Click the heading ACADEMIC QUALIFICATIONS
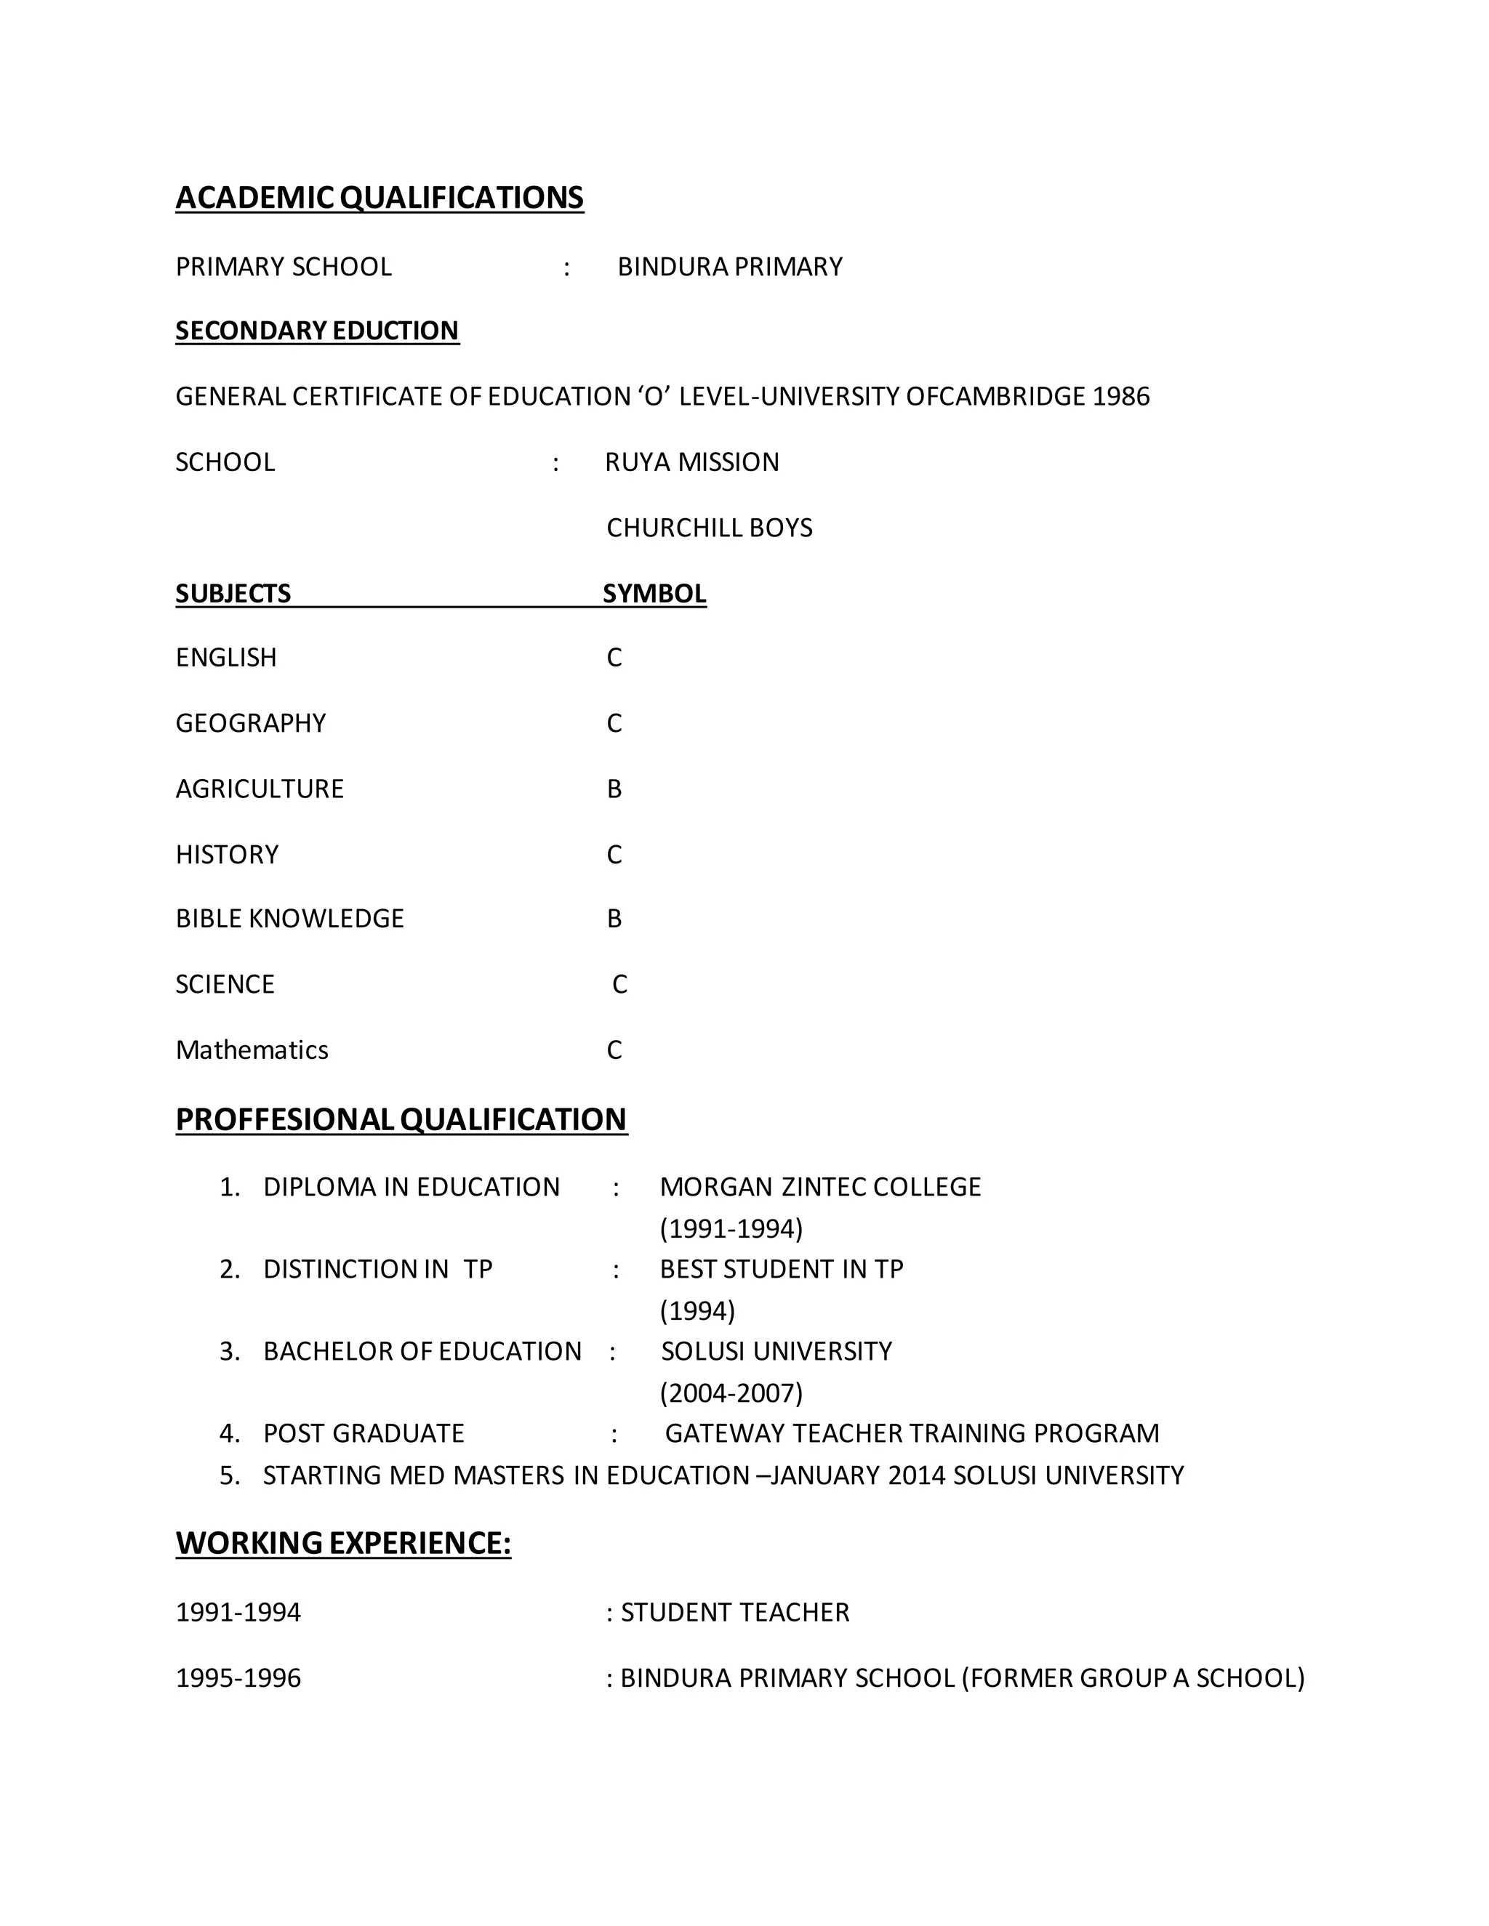pos(380,198)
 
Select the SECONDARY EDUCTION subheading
pos(317,331)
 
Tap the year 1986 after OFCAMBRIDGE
pos(1120,397)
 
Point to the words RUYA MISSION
pos(691,462)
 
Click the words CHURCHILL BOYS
pos(709,528)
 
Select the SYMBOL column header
pos(654,594)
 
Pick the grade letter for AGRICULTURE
pos(614,789)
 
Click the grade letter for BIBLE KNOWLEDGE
pos(614,919)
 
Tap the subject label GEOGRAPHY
pos(251,723)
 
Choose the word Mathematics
pos(252,1049)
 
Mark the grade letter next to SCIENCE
pos(619,984)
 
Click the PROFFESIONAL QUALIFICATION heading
pos(401,1119)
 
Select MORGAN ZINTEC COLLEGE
pos(820,1187)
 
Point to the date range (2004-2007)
pos(731,1393)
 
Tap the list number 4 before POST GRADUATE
pos(229,1433)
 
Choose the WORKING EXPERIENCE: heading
pos(343,1542)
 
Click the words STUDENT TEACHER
pos(735,1612)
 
